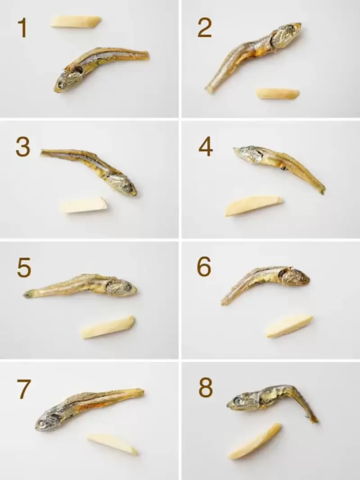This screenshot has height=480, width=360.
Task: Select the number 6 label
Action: (204, 268)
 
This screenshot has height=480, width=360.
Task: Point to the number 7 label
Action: (24, 390)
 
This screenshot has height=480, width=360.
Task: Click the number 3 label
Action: (22, 147)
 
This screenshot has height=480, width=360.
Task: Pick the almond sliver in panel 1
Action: (76, 22)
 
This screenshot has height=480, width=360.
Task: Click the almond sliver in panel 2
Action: (278, 93)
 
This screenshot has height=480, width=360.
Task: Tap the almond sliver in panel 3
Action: (84, 205)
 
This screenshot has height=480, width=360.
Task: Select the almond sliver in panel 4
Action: (254, 205)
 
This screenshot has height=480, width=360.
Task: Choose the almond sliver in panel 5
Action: (108, 327)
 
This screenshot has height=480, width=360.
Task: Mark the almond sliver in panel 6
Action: (289, 326)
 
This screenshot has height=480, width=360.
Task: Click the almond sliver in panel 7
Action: (112, 444)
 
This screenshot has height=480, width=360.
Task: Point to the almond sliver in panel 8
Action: (255, 441)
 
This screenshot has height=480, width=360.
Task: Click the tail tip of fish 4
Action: (322, 192)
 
